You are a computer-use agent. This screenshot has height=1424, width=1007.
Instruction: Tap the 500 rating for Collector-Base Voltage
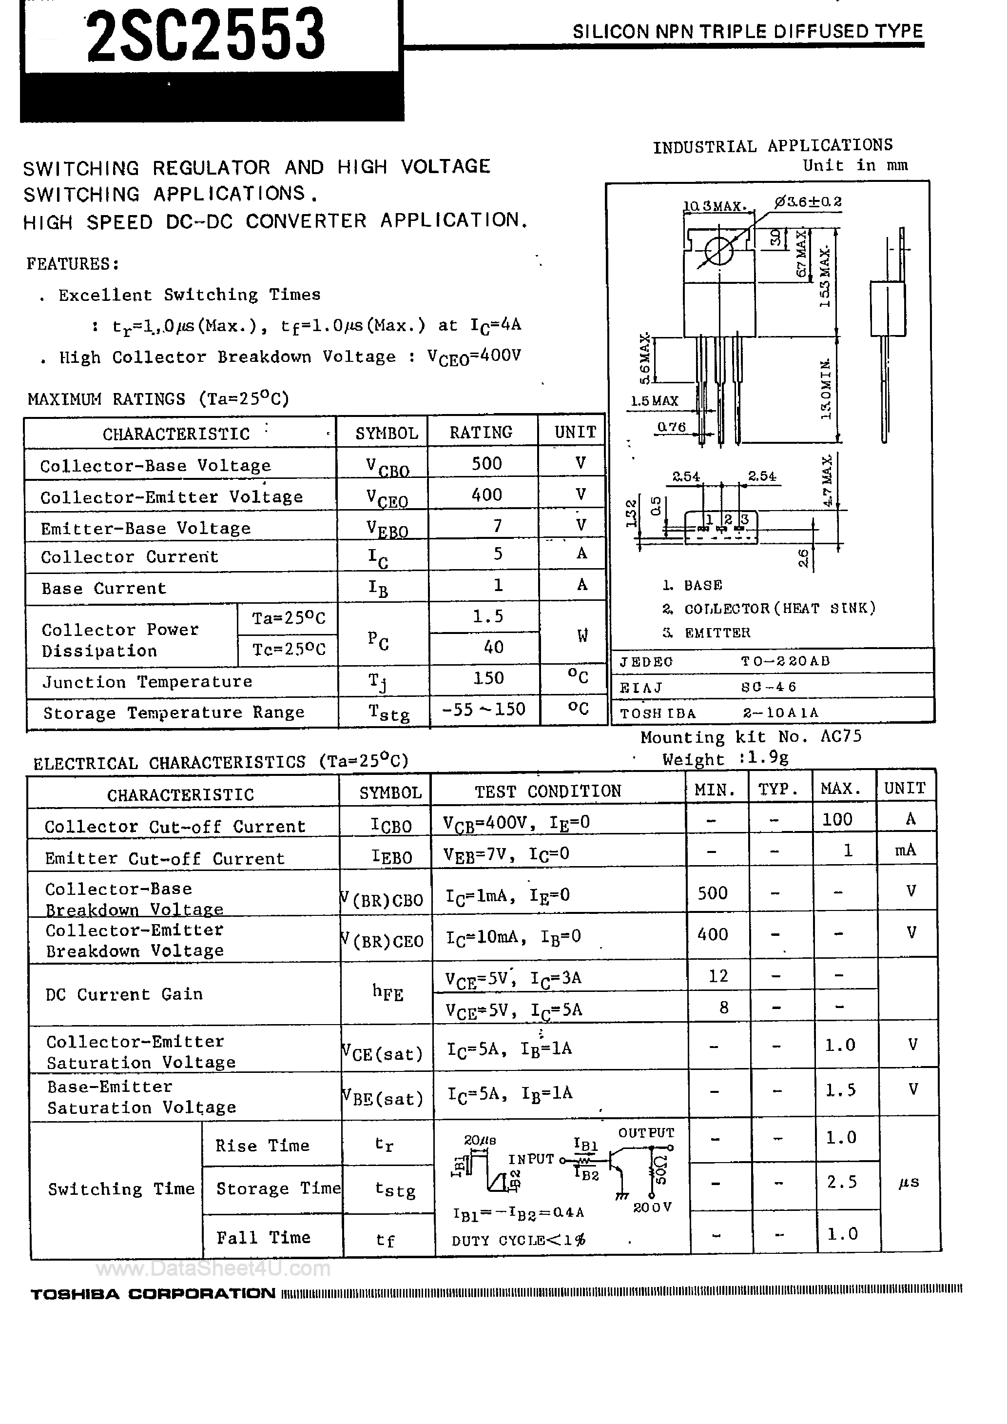tap(487, 463)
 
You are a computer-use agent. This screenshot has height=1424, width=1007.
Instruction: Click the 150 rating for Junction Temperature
tap(488, 678)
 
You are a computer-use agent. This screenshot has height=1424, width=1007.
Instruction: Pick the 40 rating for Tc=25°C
tap(494, 647)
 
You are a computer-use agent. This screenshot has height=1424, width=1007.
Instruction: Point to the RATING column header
tap(481, 432)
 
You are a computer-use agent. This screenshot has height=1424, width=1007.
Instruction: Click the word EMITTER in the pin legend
tap(717, 633)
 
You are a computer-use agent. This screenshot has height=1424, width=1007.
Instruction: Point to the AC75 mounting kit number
tap(841, 736)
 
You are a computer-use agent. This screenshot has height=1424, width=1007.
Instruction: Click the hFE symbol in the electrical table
tap(387, 993)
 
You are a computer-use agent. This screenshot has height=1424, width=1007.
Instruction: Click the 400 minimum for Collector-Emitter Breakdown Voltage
tap(713, 934)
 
